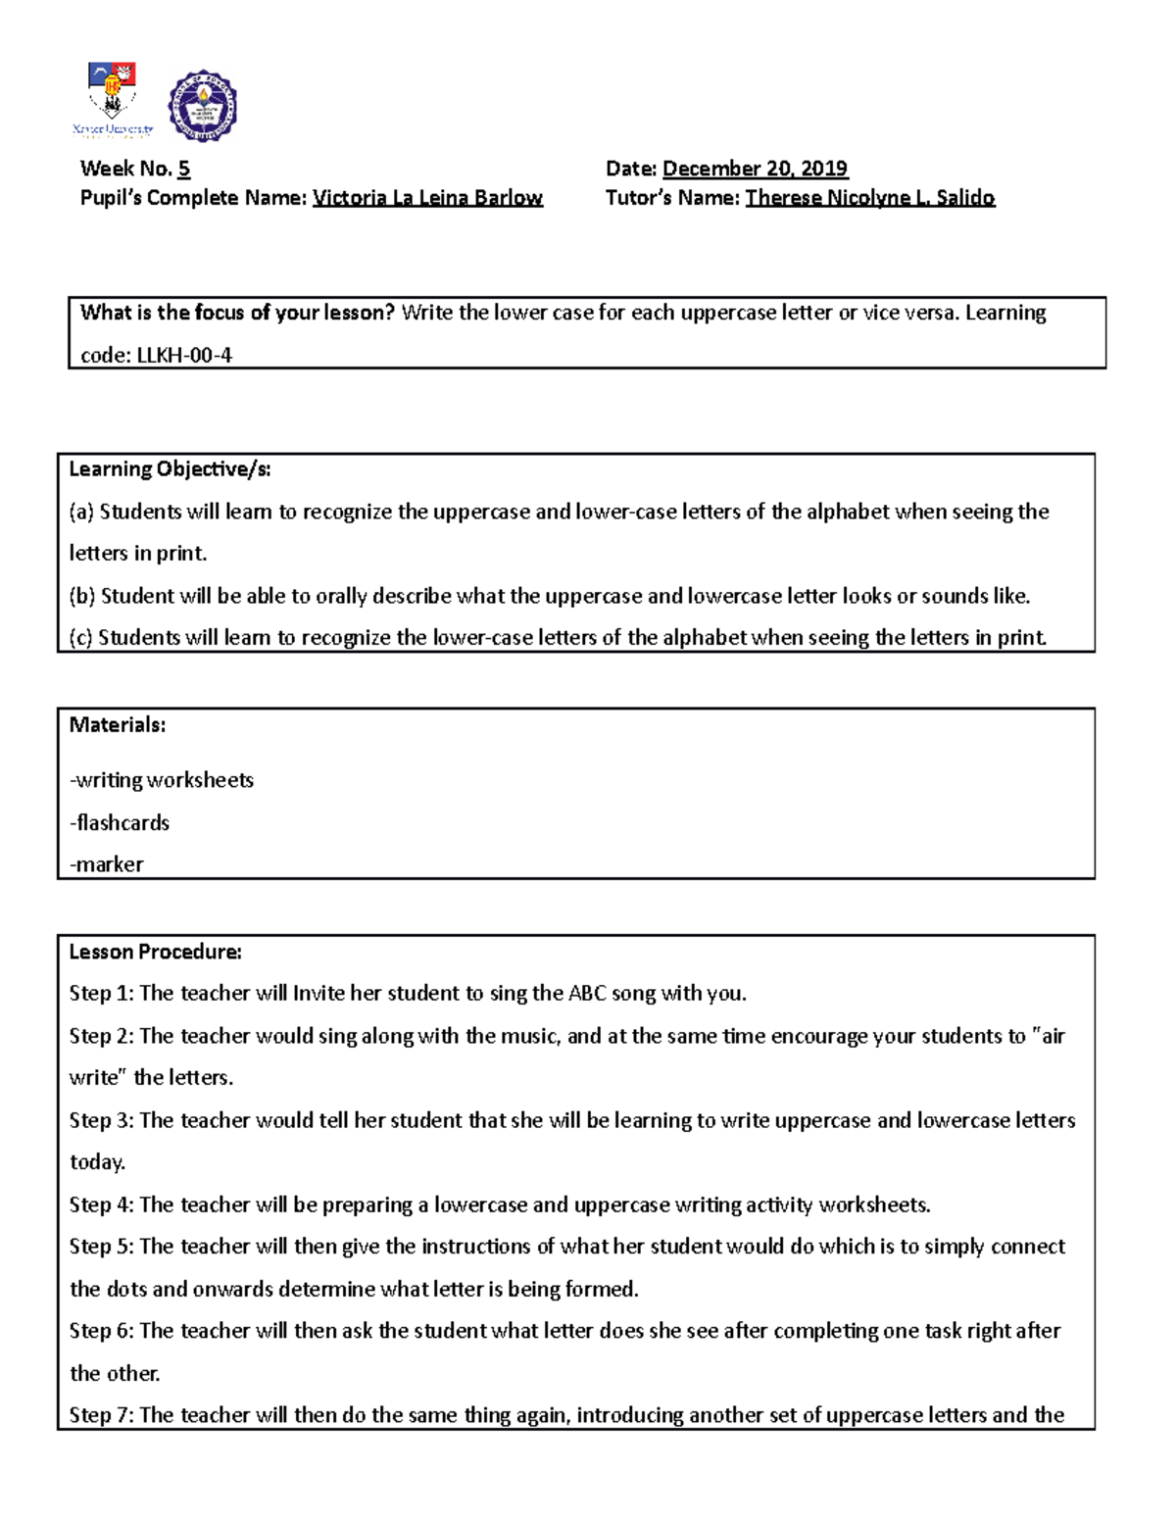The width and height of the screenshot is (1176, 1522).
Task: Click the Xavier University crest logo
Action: (113, 98)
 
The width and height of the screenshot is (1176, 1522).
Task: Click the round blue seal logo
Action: (203, 107)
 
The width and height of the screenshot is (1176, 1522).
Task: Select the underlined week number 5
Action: (184, 169)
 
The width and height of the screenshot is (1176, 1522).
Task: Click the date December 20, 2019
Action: (755, 169)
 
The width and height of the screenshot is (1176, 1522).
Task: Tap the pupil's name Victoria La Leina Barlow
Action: (427, 198)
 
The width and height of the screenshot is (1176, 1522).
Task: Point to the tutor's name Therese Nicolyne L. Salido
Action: (869, 198)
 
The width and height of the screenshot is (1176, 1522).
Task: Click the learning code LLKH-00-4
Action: (184, 355)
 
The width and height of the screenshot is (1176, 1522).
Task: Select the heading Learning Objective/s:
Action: (170, 469)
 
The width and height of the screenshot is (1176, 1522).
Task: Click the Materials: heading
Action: (118, 725)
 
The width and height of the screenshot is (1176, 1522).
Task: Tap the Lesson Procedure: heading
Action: (155, 952)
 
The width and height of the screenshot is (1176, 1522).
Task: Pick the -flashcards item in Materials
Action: (120, 823)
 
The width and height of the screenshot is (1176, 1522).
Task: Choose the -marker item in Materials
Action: (107, 864)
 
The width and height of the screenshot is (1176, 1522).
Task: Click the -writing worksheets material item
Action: (162, 780)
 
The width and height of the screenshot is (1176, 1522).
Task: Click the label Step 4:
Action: (101, 1204)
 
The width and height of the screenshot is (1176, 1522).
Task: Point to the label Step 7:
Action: (101, 1415)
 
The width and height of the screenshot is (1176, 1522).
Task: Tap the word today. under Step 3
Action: (98, 1162)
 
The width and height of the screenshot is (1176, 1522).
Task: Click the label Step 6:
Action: (101, 1331)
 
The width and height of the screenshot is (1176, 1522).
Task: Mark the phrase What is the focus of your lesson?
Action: (237, 313)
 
